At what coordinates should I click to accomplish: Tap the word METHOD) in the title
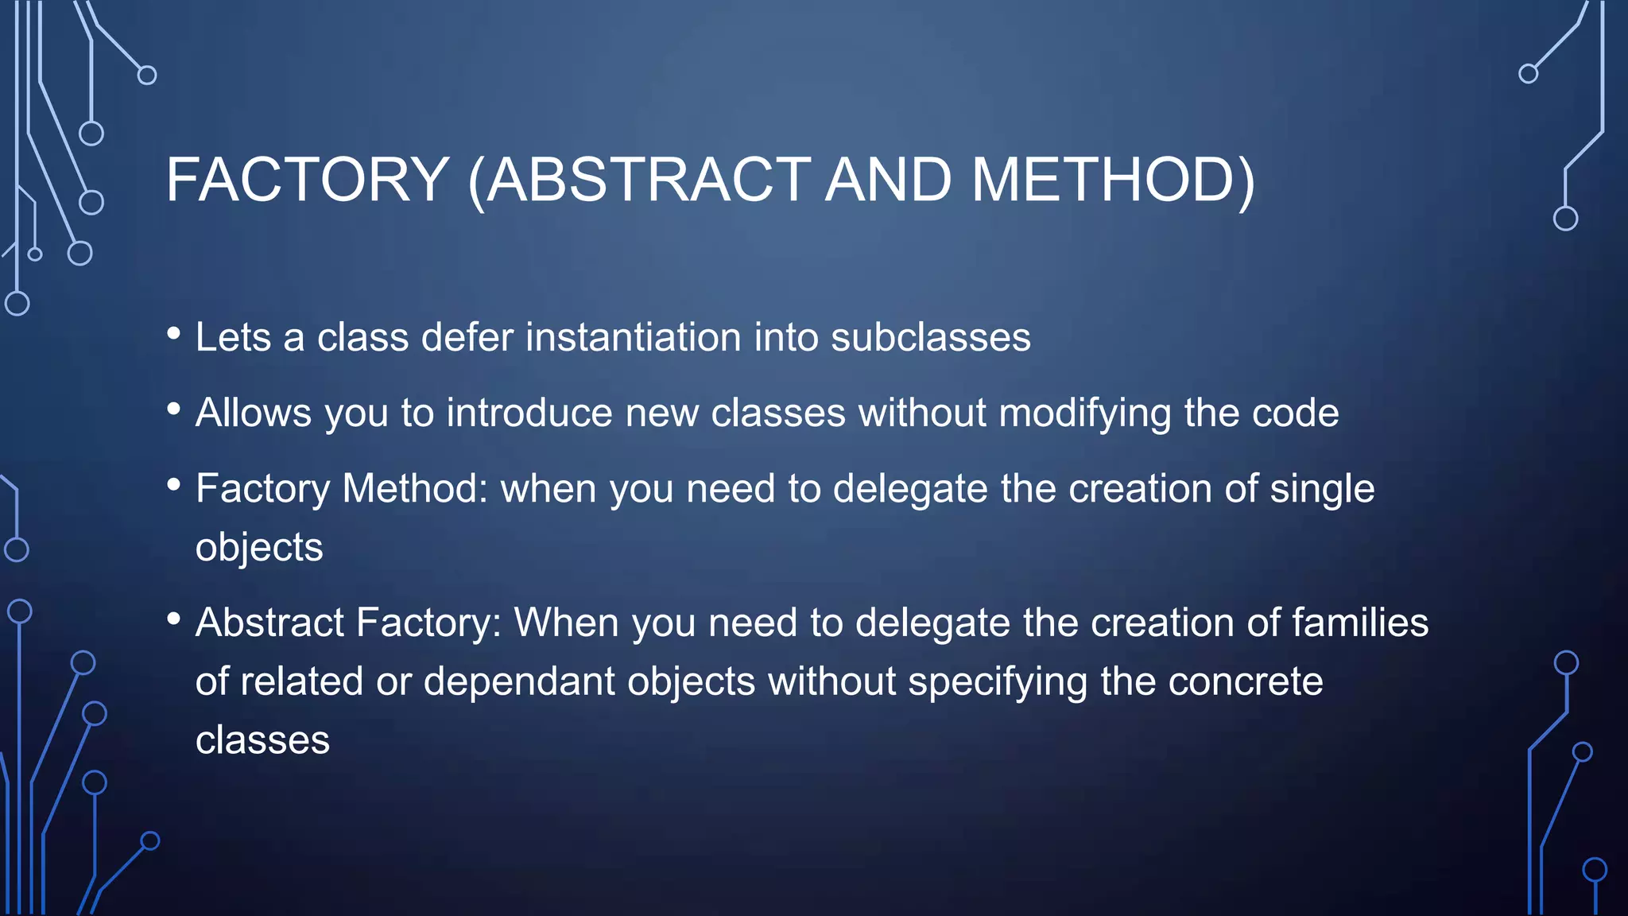tap(1113, 180)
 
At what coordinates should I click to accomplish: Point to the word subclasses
tap(930, 337)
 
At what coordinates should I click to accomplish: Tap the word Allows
tap(254, 413)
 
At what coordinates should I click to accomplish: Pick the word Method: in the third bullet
tap(414, 488)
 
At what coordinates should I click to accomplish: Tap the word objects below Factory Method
tap(259, 547)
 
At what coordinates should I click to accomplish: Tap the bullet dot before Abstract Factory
tap(174, 619)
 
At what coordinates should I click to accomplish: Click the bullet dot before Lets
tap(174, 334)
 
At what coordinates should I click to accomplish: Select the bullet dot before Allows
tap(174, 409)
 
